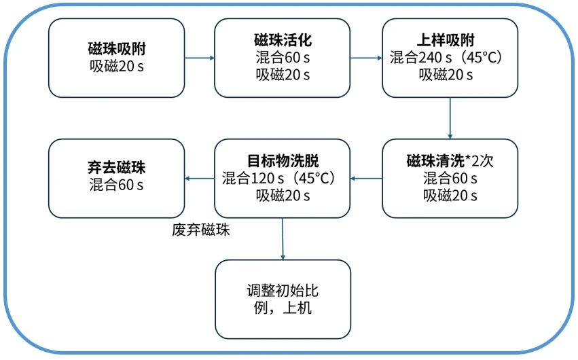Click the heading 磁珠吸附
coord(117,48)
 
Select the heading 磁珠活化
coord(283,40)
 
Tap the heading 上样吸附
coord(446,40)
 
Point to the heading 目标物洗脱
coord(283,161)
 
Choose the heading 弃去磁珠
coord(117,167)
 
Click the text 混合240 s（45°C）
coord(446,57)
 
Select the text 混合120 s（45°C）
coord(278,178)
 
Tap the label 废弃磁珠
coord(201,230)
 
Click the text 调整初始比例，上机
coord(283,299)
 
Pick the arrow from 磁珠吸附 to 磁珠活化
coord(200,58)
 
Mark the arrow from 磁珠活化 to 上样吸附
coord(366,58)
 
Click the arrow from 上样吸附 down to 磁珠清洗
coord(450,118)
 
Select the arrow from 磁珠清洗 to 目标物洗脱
coord(366,179)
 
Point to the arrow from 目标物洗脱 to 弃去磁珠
coord(200,179)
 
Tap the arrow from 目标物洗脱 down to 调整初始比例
coord(283,239)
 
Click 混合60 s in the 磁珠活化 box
coord(283,57)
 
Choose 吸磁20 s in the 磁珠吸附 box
coord(117,66)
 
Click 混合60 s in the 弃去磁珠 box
coord(116,185)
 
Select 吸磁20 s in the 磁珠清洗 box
coord(450,196)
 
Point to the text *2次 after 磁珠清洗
coord(480,161)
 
